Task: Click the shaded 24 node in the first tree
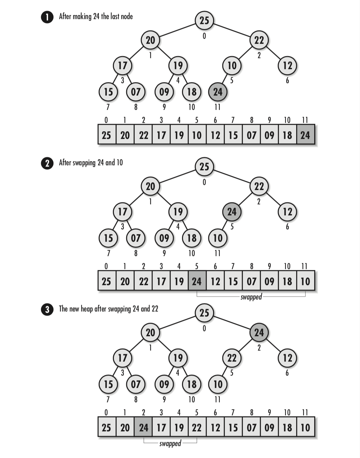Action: [x=218, y=92]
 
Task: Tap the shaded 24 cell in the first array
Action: [x=305, y=135]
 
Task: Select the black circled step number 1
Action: [x=47, y=17]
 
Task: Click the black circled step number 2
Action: [x=47, y=163]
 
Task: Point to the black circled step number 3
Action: [x=47, y=309]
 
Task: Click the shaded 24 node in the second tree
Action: [x=232, y=212]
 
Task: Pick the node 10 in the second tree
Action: [x=218, y=238]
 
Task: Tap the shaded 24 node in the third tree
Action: [x=259, y=332]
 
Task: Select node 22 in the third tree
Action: [x=232, y=358]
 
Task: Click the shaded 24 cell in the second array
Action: [x=197, y=281]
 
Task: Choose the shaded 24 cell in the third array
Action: [x=143, y=427]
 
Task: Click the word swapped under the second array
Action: [x=251, y=297]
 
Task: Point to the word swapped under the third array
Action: [x=170, y=443]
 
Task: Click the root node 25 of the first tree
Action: [x=204, y=20]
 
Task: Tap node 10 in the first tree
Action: [x=232, y=65]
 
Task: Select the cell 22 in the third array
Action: [x=197, y=427]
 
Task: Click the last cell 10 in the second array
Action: [x=305, y=281]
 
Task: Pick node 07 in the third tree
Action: [x=136, y=384]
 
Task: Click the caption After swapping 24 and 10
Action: [x=91, y=163]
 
